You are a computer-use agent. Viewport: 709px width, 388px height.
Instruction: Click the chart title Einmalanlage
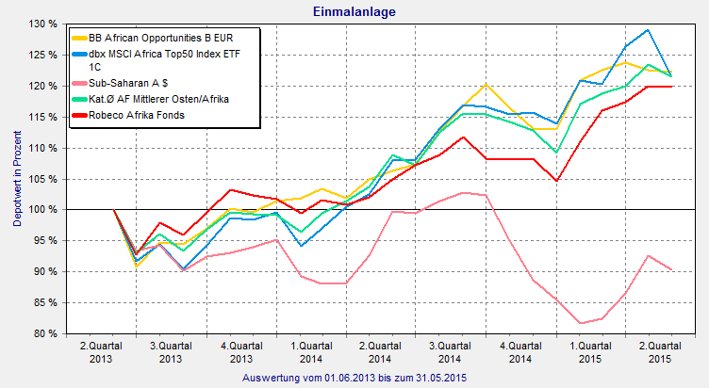pos(354,11)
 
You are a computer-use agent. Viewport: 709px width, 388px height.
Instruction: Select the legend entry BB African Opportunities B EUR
pos(156,39)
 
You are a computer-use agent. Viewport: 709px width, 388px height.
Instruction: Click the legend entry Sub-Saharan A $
pos(129,84)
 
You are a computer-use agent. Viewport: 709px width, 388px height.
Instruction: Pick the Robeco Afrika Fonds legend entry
pos(136,114)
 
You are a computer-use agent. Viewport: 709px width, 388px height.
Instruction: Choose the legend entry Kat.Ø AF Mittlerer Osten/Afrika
pos(158,99)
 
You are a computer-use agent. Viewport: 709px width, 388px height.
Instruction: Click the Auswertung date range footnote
pos(354,377)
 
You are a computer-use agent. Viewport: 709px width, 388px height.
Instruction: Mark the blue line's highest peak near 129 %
pos(647,29)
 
